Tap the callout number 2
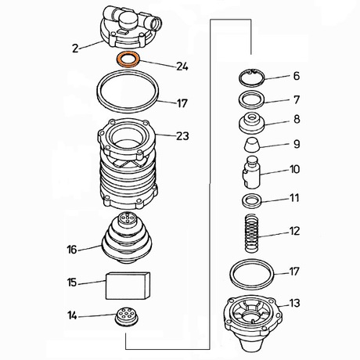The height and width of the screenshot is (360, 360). click(x=75, y=49)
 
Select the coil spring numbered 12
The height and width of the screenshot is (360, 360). click(x=252, y=233)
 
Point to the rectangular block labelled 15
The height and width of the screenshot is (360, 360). click(x=128, y=286)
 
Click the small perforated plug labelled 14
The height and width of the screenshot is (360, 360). click(x=127, y=316)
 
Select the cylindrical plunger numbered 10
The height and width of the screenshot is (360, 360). click(x=251, y=172)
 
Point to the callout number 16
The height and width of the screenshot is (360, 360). click(x=72, y=250)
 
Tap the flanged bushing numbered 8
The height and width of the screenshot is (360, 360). click(x=251, y=124)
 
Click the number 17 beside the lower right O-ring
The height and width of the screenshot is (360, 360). click(x=294, y=272)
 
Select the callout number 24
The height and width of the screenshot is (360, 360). click(x=182, y=67)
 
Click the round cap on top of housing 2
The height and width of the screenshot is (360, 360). click(x=128, y=21)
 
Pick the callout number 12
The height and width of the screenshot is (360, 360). click(x=295, y=231)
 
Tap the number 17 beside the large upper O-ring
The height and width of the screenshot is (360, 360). click(x=182, y=103)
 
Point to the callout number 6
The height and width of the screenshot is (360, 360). click(x=297, y=76)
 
